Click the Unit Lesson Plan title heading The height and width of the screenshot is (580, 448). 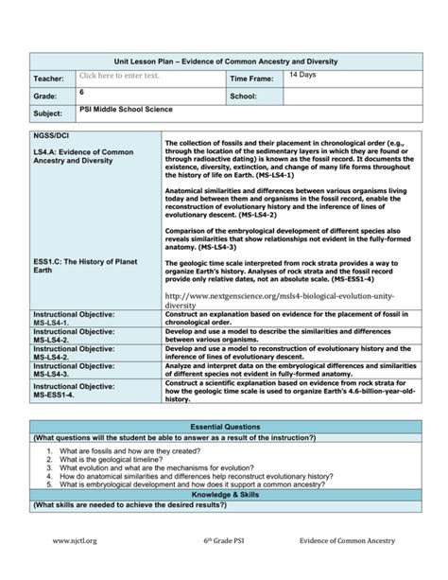click(x=224, y=61)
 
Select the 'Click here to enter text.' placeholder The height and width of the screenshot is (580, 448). click(x=119, y=76)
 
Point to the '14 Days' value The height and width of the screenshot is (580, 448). click(x=303, y=74)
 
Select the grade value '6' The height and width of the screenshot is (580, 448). click(x=82, y=92)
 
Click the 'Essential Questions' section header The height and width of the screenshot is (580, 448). click(x=224, y=428)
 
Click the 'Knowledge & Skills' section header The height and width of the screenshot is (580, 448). click(x=224, y=495)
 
